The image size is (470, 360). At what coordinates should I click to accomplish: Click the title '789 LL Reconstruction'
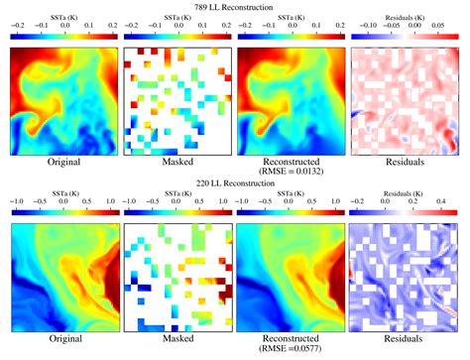235,8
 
